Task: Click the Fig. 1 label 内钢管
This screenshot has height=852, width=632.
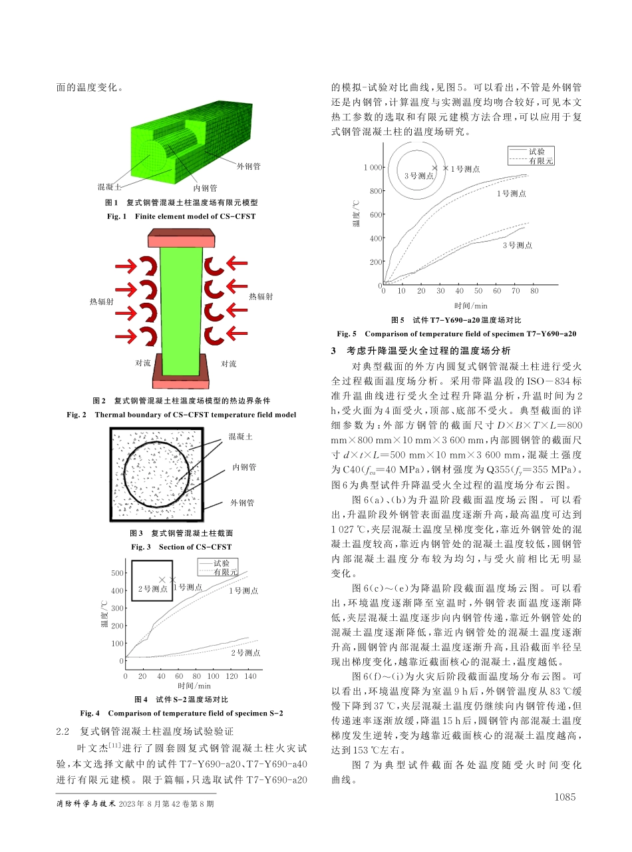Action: click(x=205, y=188)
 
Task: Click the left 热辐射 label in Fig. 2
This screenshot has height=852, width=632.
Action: click(x=101, y=302)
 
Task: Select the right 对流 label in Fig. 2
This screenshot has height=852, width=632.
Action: click(x=229, y=363)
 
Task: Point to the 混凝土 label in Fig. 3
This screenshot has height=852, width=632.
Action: click(x=240, y=436)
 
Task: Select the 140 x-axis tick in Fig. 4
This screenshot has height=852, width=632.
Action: click(x=250, y=676)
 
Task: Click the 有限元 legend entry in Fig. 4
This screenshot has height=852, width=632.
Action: click(x=226, y=572)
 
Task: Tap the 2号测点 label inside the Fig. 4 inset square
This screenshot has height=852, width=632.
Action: click(x=152, y=588)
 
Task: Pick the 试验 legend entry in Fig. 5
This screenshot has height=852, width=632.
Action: click(x=536, y=151)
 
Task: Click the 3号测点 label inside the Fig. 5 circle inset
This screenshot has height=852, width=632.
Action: click(x=418, y=176)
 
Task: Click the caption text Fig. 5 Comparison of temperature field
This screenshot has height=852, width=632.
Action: click(x=456, y=333)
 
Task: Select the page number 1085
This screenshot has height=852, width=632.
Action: click(x=563, y=797)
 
